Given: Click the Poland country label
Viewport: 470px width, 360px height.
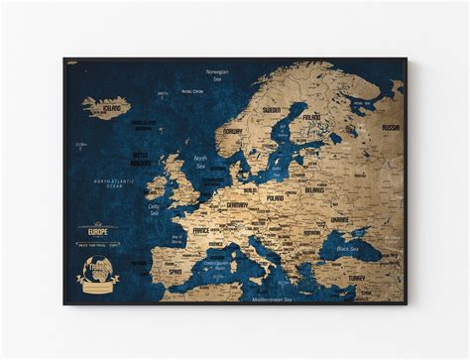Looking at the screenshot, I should pyautogui.click(x=274, y=197).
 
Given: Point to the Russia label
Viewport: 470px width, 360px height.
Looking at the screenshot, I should pyautogui.click(x=390, y=128).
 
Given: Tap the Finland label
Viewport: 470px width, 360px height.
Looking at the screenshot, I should pyautogui.click(x=311, y=116).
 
